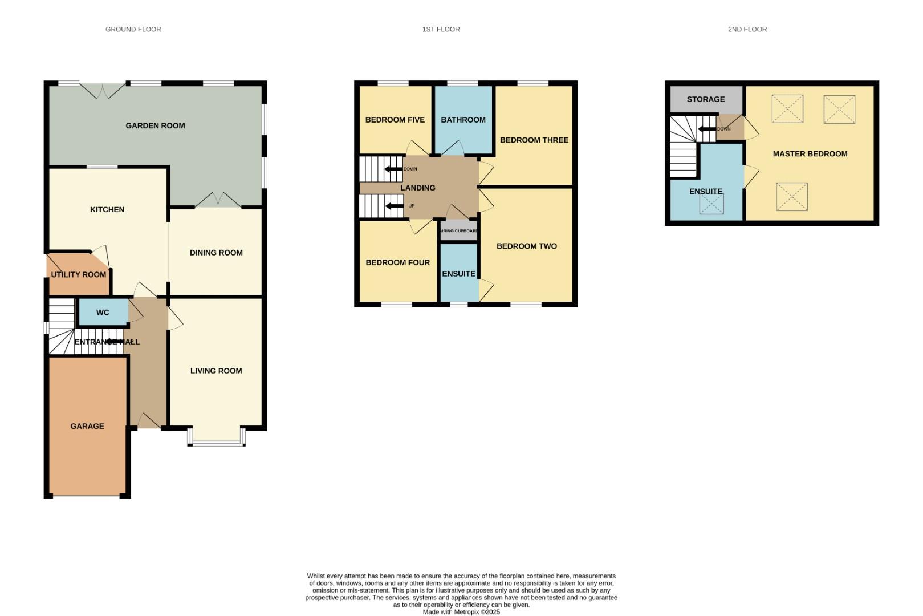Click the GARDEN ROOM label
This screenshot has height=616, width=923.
point(155,125)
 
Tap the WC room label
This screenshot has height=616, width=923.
point(103,313)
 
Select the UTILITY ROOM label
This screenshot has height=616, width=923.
point(79,275)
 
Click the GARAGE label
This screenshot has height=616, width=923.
point(87,426)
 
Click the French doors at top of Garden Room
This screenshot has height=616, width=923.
point(102,90)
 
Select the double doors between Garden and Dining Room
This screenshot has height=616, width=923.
point(218,200)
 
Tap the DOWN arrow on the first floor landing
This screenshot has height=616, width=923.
point(394,169)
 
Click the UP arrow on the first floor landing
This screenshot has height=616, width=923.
point(394,206)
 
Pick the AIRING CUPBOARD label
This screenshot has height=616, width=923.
point(459,231)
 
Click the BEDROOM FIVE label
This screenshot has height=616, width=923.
point(395,120)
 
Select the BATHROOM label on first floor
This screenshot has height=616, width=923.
point(463,120)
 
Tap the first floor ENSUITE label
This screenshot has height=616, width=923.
point(458,274)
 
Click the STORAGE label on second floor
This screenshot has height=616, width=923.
point(706,99)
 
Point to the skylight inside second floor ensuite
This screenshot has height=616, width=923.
point(711,204)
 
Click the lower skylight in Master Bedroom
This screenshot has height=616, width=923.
point(792,196)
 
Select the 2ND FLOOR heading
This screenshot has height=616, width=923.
point(747,29)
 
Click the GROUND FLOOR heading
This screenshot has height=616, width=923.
point(133,29)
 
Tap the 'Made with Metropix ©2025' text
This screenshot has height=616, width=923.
point(461,612)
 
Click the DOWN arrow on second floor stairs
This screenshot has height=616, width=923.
point(707,129)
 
